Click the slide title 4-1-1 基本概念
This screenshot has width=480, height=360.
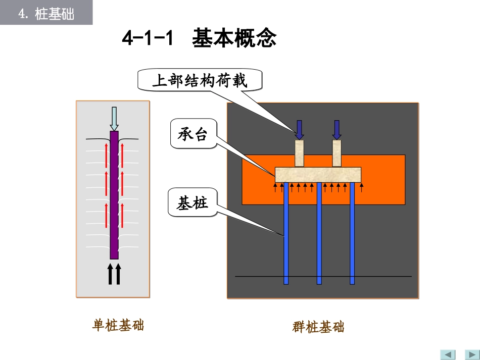coord(199,39)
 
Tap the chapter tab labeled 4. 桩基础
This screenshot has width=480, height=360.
coord(46,14)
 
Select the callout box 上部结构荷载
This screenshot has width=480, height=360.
coord(200,80)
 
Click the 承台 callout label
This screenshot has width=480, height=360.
coord(193,134)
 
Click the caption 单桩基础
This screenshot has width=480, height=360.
coord(118,325)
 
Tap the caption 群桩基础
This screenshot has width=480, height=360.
coord(318,327)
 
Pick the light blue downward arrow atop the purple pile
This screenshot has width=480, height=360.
coord(114,119)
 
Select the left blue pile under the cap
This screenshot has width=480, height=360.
coord(286,232)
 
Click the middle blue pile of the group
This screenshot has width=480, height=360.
coord(319,232)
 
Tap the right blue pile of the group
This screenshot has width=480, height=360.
coord(352,232)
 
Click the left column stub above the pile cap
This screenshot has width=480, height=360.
coord(300,153)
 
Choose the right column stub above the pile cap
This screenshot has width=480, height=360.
coord(337,153)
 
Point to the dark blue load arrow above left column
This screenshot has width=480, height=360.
coord(300,129)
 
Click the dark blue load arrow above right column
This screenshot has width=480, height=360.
coord(337,129)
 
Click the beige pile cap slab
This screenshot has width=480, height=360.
coord(318,175)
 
